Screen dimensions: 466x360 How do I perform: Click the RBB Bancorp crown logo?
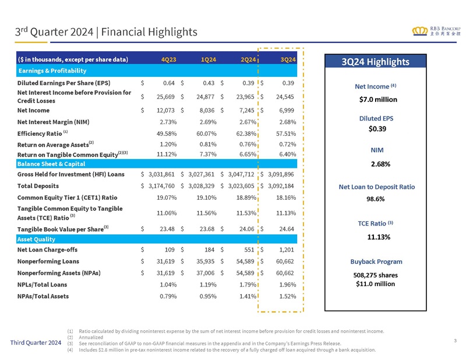click(x=419, y=31)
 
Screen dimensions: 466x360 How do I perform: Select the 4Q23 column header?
click(x=168, y=59)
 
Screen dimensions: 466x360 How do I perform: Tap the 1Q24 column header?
click(x=209, y=59)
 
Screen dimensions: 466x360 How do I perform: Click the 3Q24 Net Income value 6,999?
click(x=287, y=110)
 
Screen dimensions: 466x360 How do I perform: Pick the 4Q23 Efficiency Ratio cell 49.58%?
click(x=167, y=133)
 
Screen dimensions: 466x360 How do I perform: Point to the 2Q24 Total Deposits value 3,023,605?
click(x=241, y=186)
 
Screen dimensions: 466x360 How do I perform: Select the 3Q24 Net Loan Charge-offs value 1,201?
click(x=287, y=250)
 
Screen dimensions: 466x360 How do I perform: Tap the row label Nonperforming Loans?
click(x=48, y=262)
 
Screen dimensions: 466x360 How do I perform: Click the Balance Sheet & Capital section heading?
click(x=51, y=164)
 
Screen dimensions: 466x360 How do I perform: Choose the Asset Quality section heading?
click(x=36, y=239)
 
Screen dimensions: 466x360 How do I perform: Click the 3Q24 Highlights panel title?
click(x=375, y=62)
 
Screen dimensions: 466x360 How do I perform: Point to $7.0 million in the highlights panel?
click(x=378, y=100)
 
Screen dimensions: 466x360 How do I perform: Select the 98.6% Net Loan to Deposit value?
click(x=375, y=199)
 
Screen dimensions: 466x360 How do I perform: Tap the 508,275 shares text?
click(x=375, y=276)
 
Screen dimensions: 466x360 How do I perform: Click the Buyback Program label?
click(x=376, y=262)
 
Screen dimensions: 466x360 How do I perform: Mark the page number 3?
click(x=456, y=341)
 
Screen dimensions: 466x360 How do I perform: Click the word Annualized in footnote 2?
click(x=91, y=337)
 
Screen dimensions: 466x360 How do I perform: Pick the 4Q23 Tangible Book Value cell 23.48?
click(x=167, y=229)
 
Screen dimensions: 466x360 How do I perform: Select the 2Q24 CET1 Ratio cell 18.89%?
click(x=246, y=197)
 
